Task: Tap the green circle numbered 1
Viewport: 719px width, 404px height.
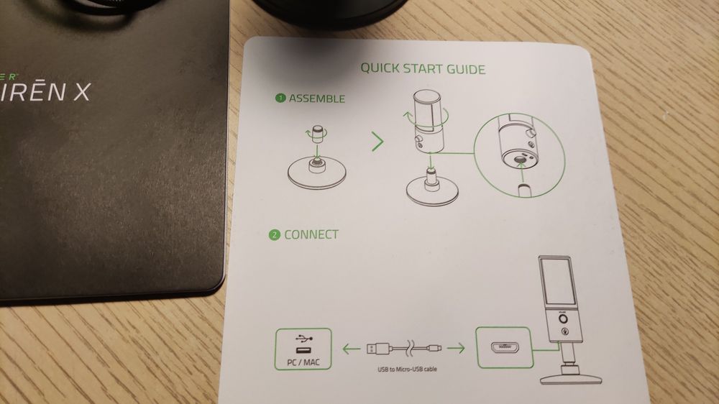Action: click(x=280, y=99)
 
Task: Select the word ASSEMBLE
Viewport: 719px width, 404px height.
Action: click(x=316, y=98)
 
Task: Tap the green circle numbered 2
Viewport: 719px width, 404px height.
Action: click(x=274, y=235)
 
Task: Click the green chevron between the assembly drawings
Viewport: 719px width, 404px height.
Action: click(x=377, y=142)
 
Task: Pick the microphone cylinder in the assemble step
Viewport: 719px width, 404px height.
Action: click(x=430, y=119)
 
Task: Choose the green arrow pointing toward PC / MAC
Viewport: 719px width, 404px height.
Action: click(x=350, y=350)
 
